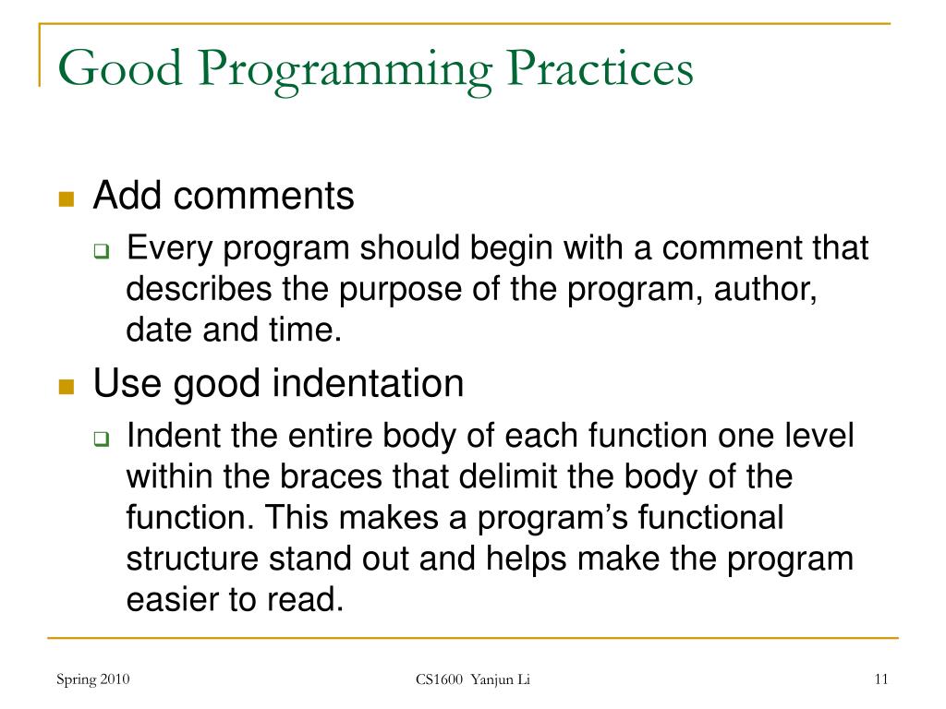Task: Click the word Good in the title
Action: point(117,71)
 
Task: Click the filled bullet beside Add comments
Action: point(66,200)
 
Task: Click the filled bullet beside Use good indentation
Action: point(66,387)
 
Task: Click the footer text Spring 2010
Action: point(92,680)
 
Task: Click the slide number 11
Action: point(879,680)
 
